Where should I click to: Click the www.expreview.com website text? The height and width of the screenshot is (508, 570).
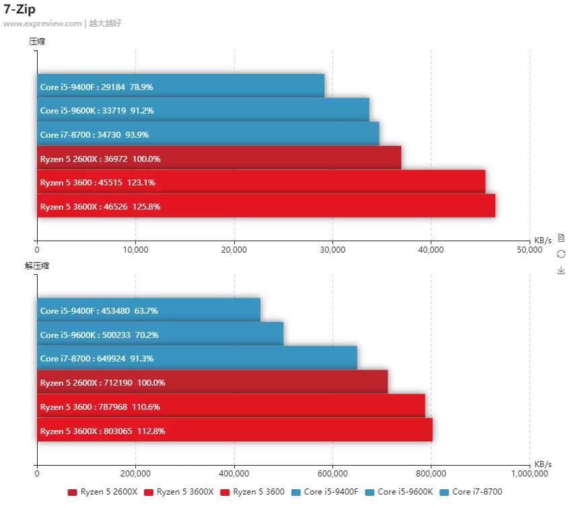point(42,24)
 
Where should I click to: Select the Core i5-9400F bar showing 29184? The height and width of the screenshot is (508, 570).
point(180,87)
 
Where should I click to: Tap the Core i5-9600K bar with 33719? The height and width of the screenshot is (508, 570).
point(203,110)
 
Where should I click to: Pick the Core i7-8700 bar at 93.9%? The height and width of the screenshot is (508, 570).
point(208,134)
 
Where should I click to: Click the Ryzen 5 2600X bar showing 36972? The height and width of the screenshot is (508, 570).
point(219,159)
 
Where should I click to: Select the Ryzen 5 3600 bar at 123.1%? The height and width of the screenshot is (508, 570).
point(261,182)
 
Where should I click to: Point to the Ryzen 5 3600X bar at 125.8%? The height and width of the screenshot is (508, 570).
point(266,206)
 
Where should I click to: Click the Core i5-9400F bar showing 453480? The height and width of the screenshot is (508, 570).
point(148,310)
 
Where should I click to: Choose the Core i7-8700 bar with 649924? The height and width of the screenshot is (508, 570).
point(197,358)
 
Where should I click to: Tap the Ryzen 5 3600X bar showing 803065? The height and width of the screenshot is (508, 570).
point(234,431)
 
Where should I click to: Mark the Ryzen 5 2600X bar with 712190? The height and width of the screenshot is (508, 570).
point(212,382)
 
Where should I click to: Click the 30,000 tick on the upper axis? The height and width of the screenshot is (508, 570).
point(332,250)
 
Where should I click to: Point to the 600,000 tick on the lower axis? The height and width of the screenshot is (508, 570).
point(332,474)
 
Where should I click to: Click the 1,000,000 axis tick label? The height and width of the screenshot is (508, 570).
point(529,474)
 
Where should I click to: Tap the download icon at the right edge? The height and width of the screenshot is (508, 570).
point(561,270)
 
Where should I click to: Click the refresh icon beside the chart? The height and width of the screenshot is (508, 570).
point(561,254)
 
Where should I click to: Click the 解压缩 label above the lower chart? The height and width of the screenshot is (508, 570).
point(37,265)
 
